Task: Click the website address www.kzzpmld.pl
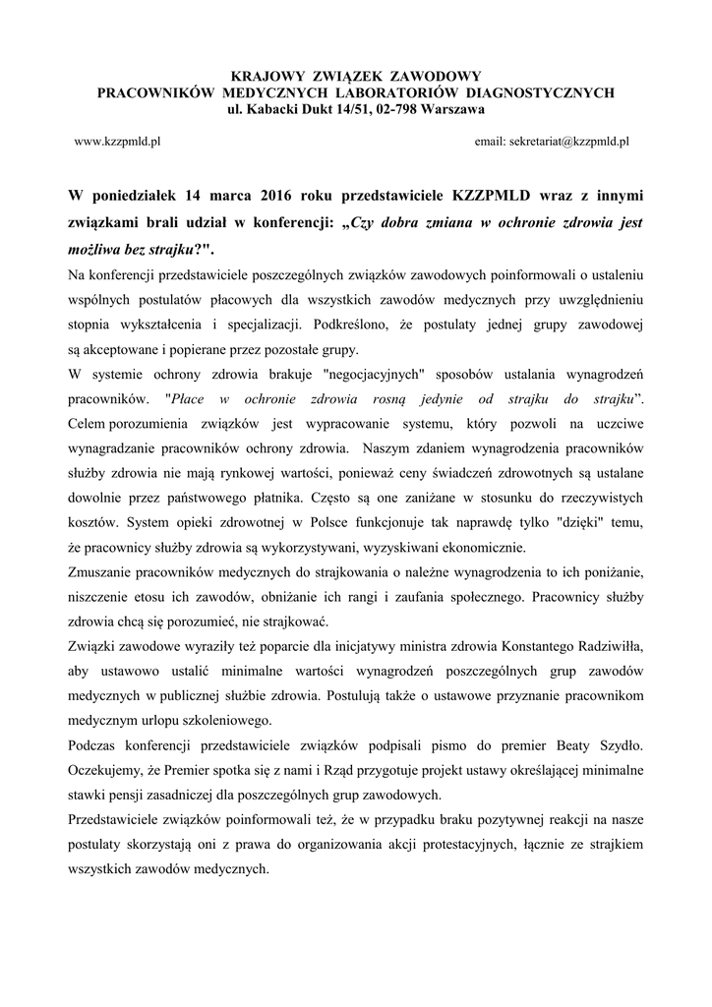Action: pyautogui.click(x=118, y=142)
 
